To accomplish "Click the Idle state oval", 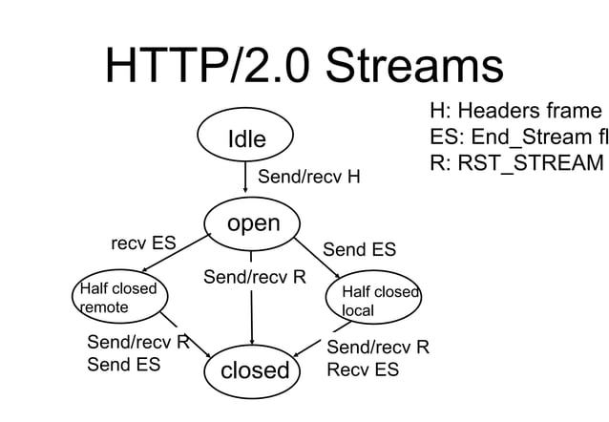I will click(245, 139).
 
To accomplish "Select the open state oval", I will click(252, 223).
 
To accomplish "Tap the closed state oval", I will click(254, 369).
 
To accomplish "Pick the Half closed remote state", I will click(115, 297).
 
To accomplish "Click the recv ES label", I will click(144, 243).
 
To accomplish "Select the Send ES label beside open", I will click(359, 250).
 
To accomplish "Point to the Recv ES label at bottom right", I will click(363, 369).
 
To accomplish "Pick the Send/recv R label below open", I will click(255, 278).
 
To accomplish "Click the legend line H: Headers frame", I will click(516, 111).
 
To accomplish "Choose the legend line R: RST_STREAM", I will click(516, 163).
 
